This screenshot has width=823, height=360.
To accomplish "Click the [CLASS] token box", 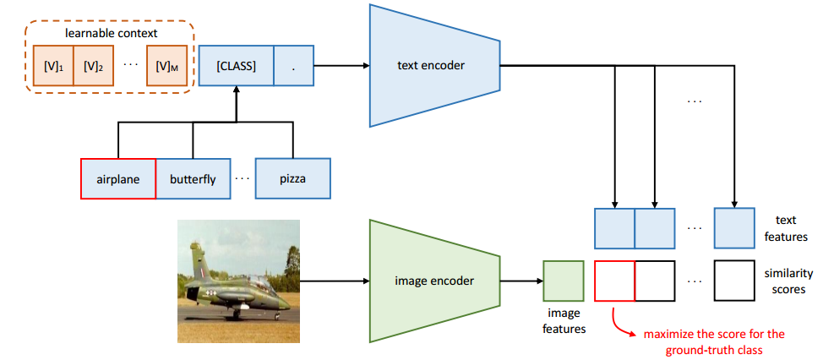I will (x=236, y=66).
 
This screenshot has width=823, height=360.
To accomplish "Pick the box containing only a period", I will (x=293, y=66).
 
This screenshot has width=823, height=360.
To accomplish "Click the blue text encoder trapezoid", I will (x=432, y=65).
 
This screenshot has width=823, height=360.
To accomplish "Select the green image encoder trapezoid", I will (x=432, y=281).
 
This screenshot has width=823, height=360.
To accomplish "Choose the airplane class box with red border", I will (x=118, y=179).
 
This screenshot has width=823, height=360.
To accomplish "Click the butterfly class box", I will (x=193, y=179).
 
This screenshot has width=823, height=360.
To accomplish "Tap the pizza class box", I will (x=292, y=179).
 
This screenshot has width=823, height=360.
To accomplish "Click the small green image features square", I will (x=563, y=281).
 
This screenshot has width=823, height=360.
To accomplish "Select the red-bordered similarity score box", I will (x=614, y=281).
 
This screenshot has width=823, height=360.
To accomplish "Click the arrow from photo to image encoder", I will (x=333, y=281).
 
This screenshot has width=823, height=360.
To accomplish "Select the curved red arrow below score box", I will (x=620, y=323).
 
